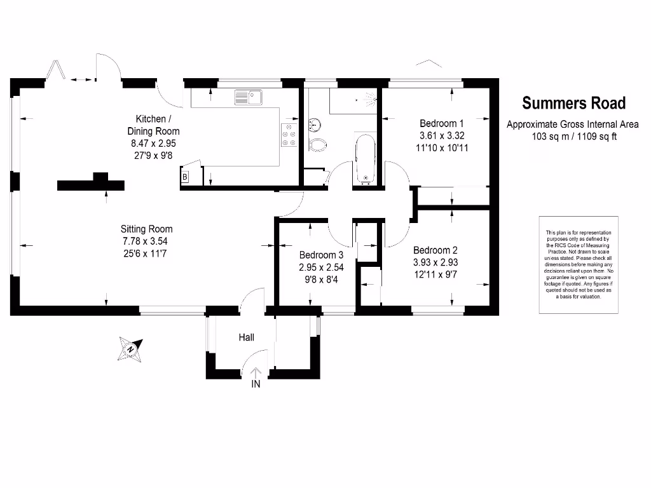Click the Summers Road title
[573, 103]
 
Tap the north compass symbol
[132, 348]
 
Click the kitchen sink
[248, 97]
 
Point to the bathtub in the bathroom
[365, 158]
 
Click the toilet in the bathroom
[317, 144]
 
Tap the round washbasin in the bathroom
[312, 123]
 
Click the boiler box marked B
[185, 177]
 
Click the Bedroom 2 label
[435, 250]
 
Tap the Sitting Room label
[147, 229]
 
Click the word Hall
[247, 337]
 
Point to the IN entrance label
[256, 384]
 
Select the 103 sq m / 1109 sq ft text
[574, 136]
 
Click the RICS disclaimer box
[579, 264]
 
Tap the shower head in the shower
[368, 99]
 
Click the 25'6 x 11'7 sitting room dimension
[147, 253]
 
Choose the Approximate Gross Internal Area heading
[572, 125]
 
